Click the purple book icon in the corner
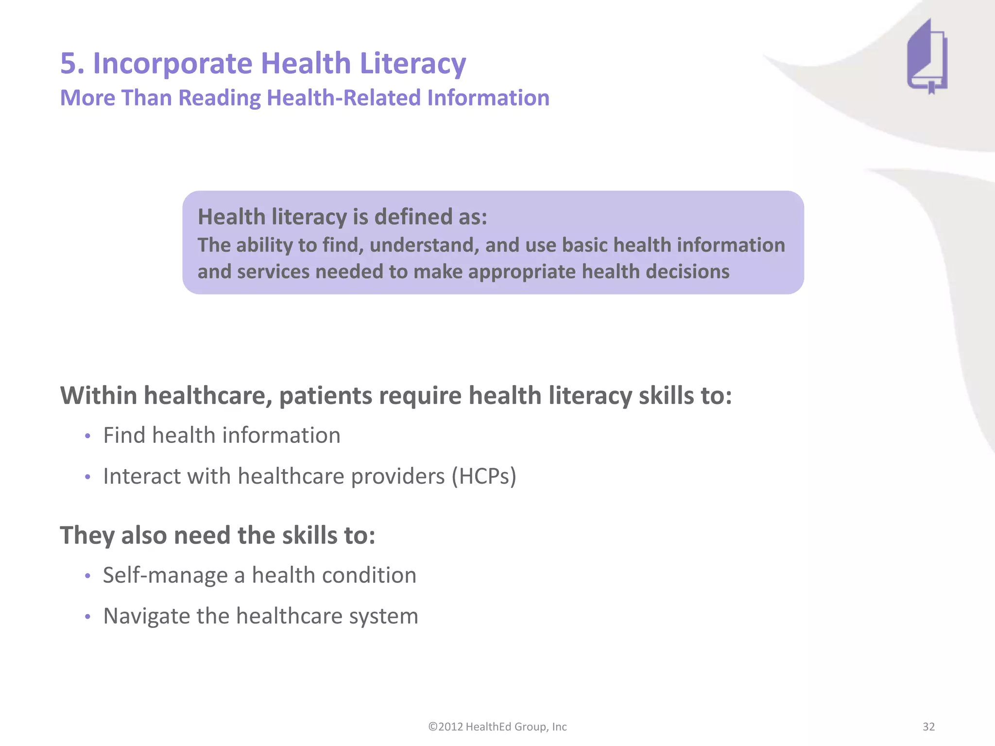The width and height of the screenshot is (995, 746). pyautogui.click(x=926, y=57)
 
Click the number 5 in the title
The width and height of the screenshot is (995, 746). pyautogui.click(x=69, y=64)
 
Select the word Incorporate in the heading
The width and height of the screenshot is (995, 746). pyautogui.click(x=172, y=64)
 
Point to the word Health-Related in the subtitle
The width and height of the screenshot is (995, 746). pyautogui.click(x=343, y=98)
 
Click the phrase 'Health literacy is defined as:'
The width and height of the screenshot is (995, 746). pyautogui.click(x=342, y=217)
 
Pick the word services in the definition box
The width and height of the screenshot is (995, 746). pyautogui.click(x=273, y=271)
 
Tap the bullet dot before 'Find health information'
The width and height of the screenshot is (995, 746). pyautogui.click(x=87, y=436)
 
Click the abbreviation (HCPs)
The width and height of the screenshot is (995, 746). pyautogui.click(x=484, y=476)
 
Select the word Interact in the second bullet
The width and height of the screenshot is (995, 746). pyautogui.click(x=142, y=476)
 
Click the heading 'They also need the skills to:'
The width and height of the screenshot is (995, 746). pyautogui.click(x=218, y=535)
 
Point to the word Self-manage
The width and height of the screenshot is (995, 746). pyautogui.click(x=165, y=576)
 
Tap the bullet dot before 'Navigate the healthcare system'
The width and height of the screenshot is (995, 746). pyautogui.click(x=87, y=617)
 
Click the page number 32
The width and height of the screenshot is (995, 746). pyautogui.click(x=928, y=727)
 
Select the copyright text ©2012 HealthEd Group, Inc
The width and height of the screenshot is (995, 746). pyautogui.click(x=497, y=727)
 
